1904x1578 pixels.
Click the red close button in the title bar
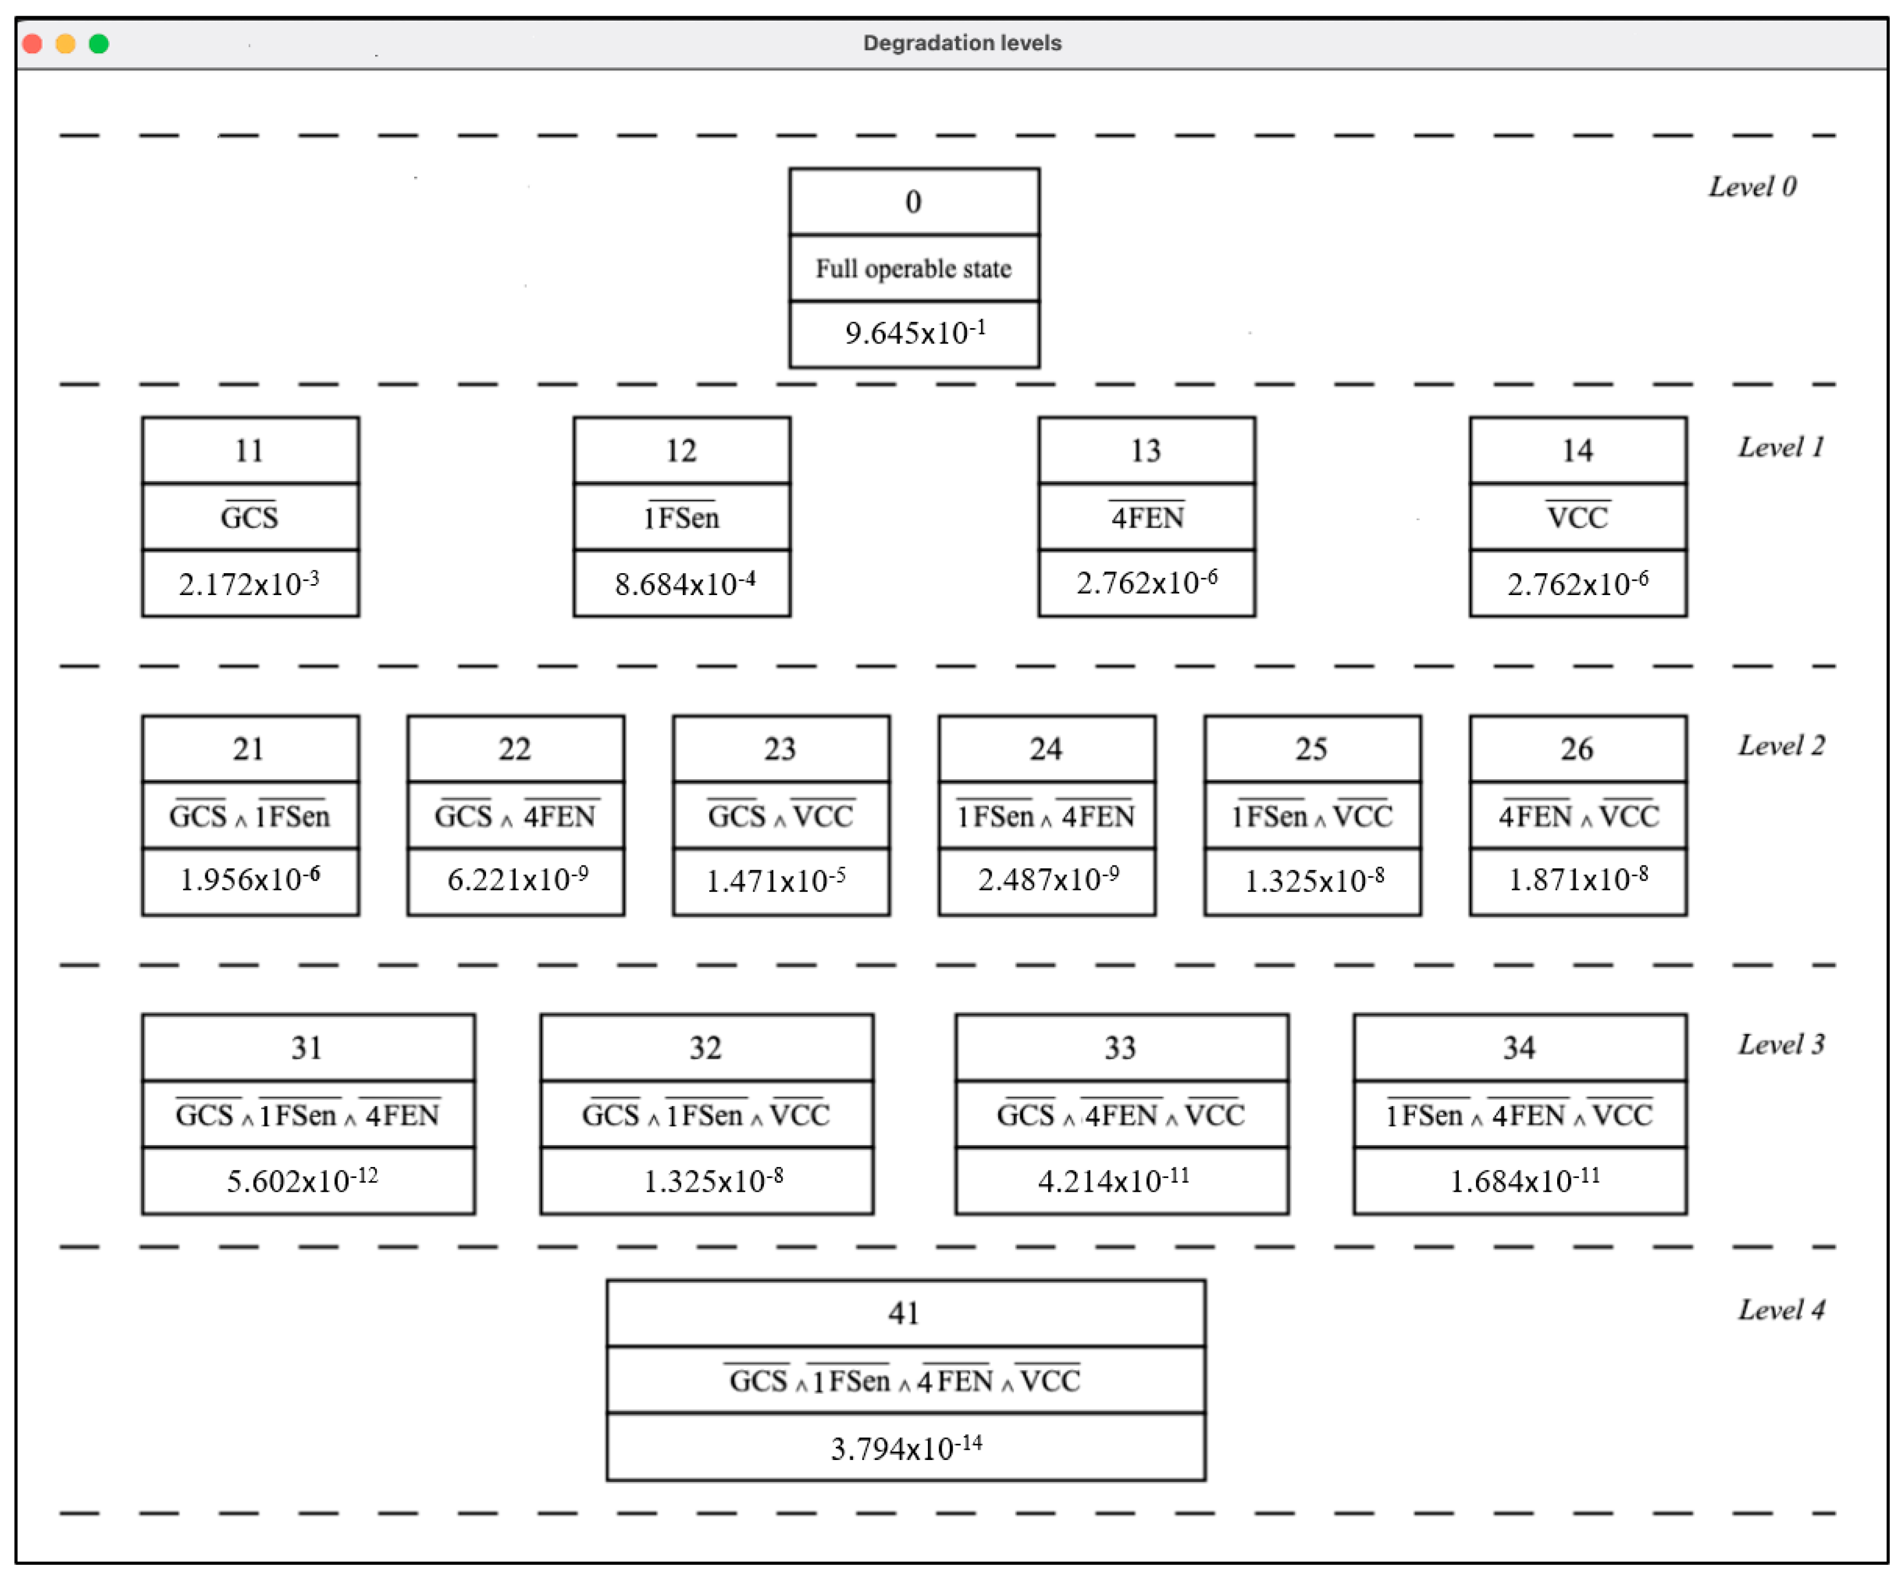pos(33,44)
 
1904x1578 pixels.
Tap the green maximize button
pos(99,44)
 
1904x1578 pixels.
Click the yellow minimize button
pos(65,44)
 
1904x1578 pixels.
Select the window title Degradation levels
pos(962,43)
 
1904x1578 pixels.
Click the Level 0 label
pos(1752,187)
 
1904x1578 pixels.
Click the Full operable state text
pos(913,268)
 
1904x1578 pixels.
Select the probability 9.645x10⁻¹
pos(915,332)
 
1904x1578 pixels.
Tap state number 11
pos(249,451)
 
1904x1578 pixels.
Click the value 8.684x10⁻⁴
pos(685,582)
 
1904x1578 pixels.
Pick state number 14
pos(1578,451)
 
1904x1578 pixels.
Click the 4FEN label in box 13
pos(1147,516)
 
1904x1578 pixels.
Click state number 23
pos(780,749)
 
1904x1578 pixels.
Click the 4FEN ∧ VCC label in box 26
pos(1578,815)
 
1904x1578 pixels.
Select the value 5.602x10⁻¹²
pos(302,1180)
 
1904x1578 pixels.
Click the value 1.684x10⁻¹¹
pos(1525,1180)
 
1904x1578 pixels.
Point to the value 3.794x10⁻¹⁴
pos(907,1447)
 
